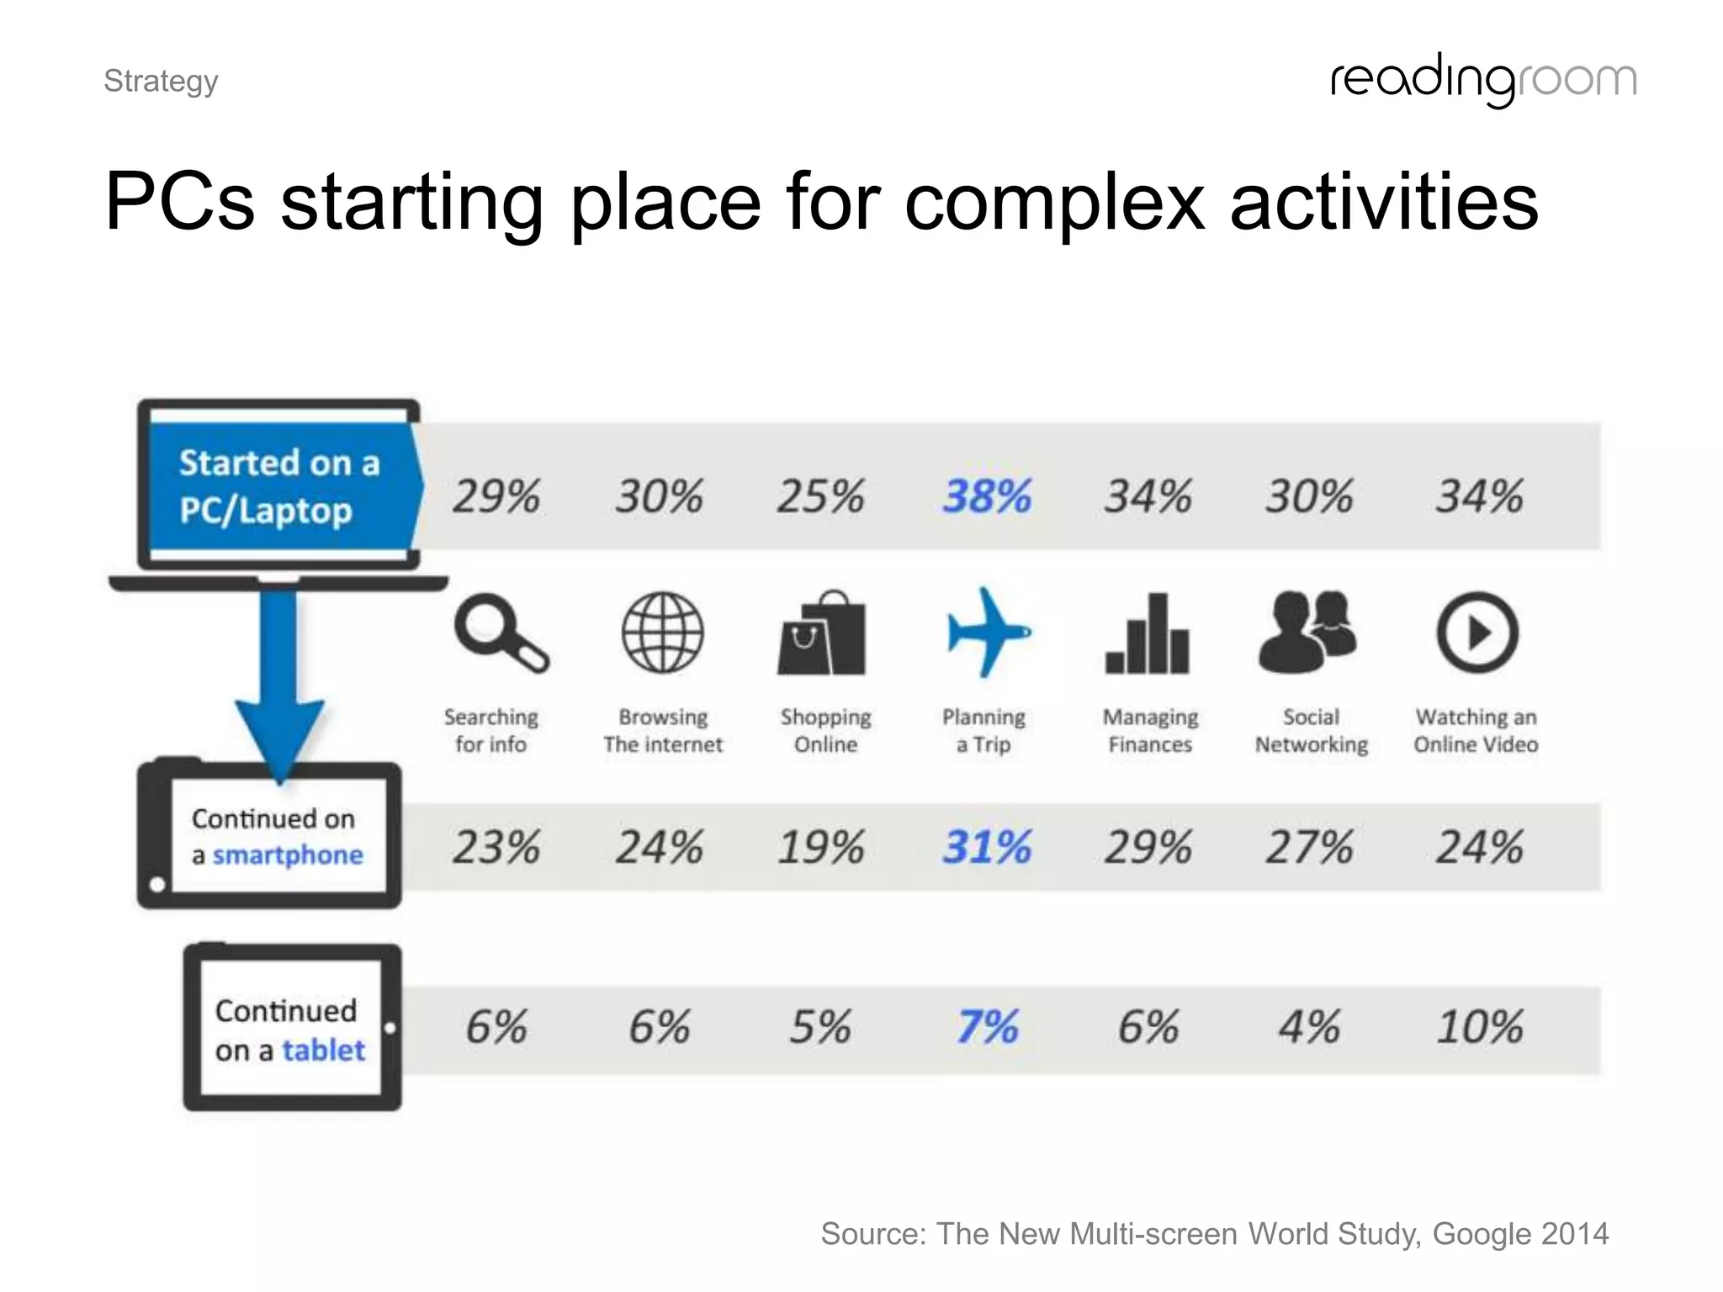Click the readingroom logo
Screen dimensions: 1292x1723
pyautogui.click(x=1483, y=80)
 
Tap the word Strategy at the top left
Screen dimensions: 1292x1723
pyautogui.click(x=161, y=81)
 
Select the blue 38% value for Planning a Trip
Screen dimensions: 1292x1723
pyautogui.click(x=986, y=495)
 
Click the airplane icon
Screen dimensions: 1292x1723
pyautogui.click(x=986, y=633)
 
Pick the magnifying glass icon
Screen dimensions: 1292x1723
pyautogui.click(x=500, y=633)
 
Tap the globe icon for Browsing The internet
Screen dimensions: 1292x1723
pyautogui.click(x=662, y=633)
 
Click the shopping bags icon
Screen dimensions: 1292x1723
pyautogui.click(x=822, y=633)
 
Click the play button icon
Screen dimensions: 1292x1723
pyautogui.click(x=1477, y=633)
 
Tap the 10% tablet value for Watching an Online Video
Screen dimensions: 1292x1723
pyautogui.click(x=1478, y=1027)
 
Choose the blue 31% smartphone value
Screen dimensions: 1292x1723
pyautogui.click(x=986, y=846)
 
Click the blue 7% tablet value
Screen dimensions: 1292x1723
pyautogui.click(x=987, y=1027)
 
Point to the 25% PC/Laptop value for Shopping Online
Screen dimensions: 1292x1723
pyautogui.click(x=820, y=495)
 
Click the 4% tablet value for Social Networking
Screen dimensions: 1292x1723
pyautogui.click(x=1309, y=1027)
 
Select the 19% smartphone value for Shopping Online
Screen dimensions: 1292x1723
pyautogui.click(x=820, y=846)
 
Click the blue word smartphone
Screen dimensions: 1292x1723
pyautogui.click(x=288, y=855)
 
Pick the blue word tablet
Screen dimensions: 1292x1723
pyautogui.click(x=323, y=1051)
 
